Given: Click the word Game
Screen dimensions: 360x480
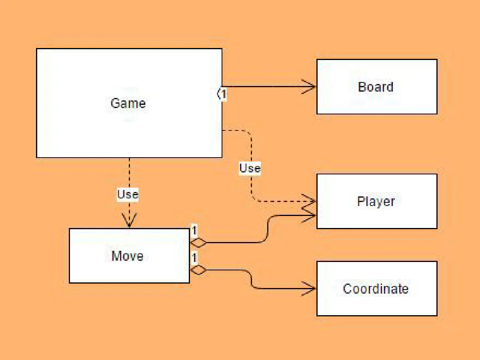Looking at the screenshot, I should [x=128, y=103].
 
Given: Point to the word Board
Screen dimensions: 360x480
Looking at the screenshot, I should [x=376, y=87].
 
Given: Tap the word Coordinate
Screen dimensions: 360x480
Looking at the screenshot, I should [x=376, y=288].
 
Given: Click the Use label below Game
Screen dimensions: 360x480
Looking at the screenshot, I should [x=128, y=194].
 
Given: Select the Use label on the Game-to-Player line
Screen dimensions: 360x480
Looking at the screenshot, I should [x=250, y=168].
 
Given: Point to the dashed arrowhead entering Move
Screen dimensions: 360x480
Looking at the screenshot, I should [x=129, y=220].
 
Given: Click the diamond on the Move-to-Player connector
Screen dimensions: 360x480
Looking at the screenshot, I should [x=198, y=243].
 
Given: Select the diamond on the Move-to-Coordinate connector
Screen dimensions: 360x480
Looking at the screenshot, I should [x=198, y=270].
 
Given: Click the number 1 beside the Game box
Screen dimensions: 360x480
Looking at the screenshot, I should [x=224, y=94].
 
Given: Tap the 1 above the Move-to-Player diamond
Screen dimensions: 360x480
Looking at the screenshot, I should [x=194, y=231].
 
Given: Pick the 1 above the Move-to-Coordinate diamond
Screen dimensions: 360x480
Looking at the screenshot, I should [x=194, y=258].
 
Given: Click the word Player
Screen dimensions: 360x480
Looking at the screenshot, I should [x=376, y=201].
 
